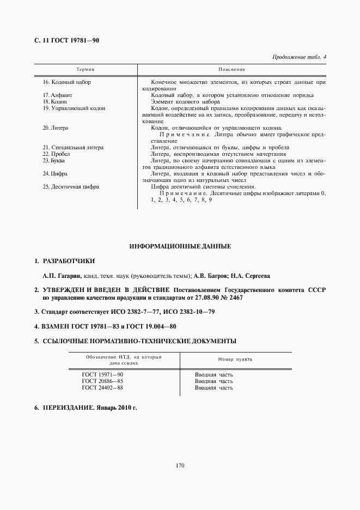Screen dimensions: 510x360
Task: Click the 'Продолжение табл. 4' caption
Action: (x=298, y=57)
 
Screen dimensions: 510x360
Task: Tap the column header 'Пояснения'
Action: (x=231, y=70)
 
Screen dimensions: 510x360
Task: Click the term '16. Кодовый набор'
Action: (x=66, y=82)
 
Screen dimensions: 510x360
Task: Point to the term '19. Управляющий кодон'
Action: (x=74, y=108)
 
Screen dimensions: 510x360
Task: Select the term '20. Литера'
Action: (x=54, y=127)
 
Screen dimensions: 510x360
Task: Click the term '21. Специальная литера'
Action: (x=73, y=147)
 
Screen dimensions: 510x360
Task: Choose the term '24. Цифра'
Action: (x=55, y=173)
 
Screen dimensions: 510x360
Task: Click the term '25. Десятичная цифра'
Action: (x=70, y=186)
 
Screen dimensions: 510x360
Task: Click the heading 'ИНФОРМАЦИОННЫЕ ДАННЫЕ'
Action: (x=180, y=246)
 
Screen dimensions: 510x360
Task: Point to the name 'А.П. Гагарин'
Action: (x=62, y=276)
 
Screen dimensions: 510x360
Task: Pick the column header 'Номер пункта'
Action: (x=235, y=360)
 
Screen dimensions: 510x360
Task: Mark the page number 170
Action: (x=180, y=465)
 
